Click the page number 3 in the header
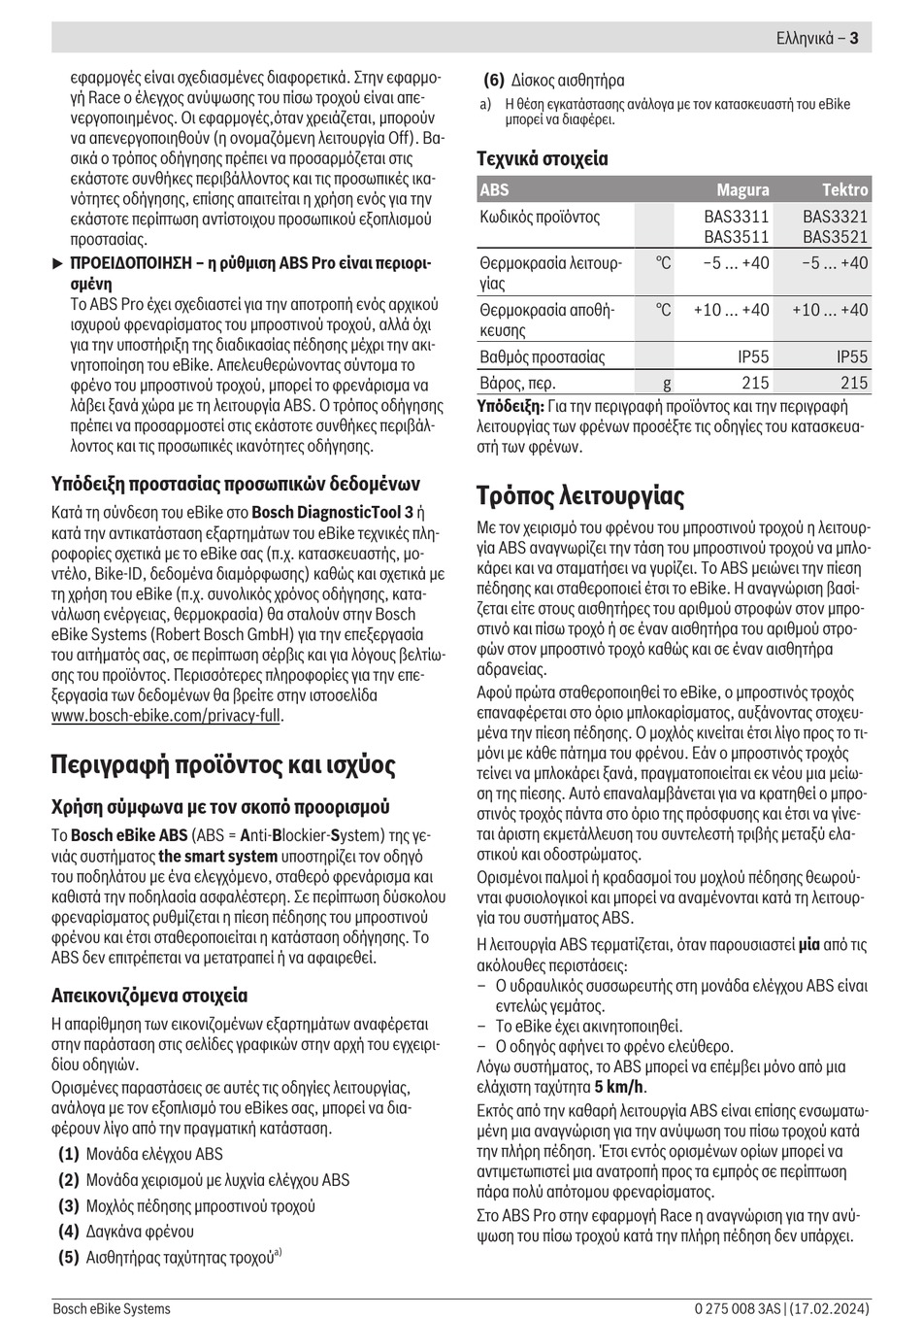point(854,39)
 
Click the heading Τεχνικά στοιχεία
point(543,158)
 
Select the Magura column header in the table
point(742,190)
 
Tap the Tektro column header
point(844,190)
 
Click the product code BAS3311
point(737,217)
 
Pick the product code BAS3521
point(836,237)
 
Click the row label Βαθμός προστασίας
point(543,357)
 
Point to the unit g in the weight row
point(667,383)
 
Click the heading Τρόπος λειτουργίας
point(580,496)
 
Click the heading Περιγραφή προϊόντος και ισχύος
point(223,765)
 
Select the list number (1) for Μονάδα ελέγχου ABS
point(68,1154)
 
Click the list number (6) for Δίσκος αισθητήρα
point(494,81)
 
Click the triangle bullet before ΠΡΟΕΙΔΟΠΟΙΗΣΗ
point(57,263)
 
